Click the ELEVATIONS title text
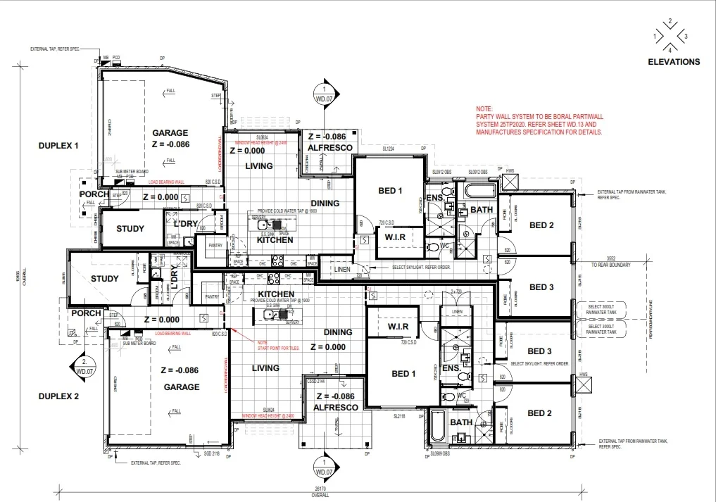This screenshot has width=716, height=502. [x=674, y=62]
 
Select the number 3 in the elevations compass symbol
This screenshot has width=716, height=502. [x=686, y=35]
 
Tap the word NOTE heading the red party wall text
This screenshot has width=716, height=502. [x=484, y=109]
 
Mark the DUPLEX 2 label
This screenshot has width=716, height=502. [x=58, y=396]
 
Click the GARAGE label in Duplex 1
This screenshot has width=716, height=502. [x=170, y=132]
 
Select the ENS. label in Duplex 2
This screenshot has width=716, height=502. [x=451, y=368]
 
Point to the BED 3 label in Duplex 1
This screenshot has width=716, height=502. [x=541, y=287]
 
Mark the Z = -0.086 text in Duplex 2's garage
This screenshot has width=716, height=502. [x=180, y=370]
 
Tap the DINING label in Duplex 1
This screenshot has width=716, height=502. [x=325, y=203]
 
